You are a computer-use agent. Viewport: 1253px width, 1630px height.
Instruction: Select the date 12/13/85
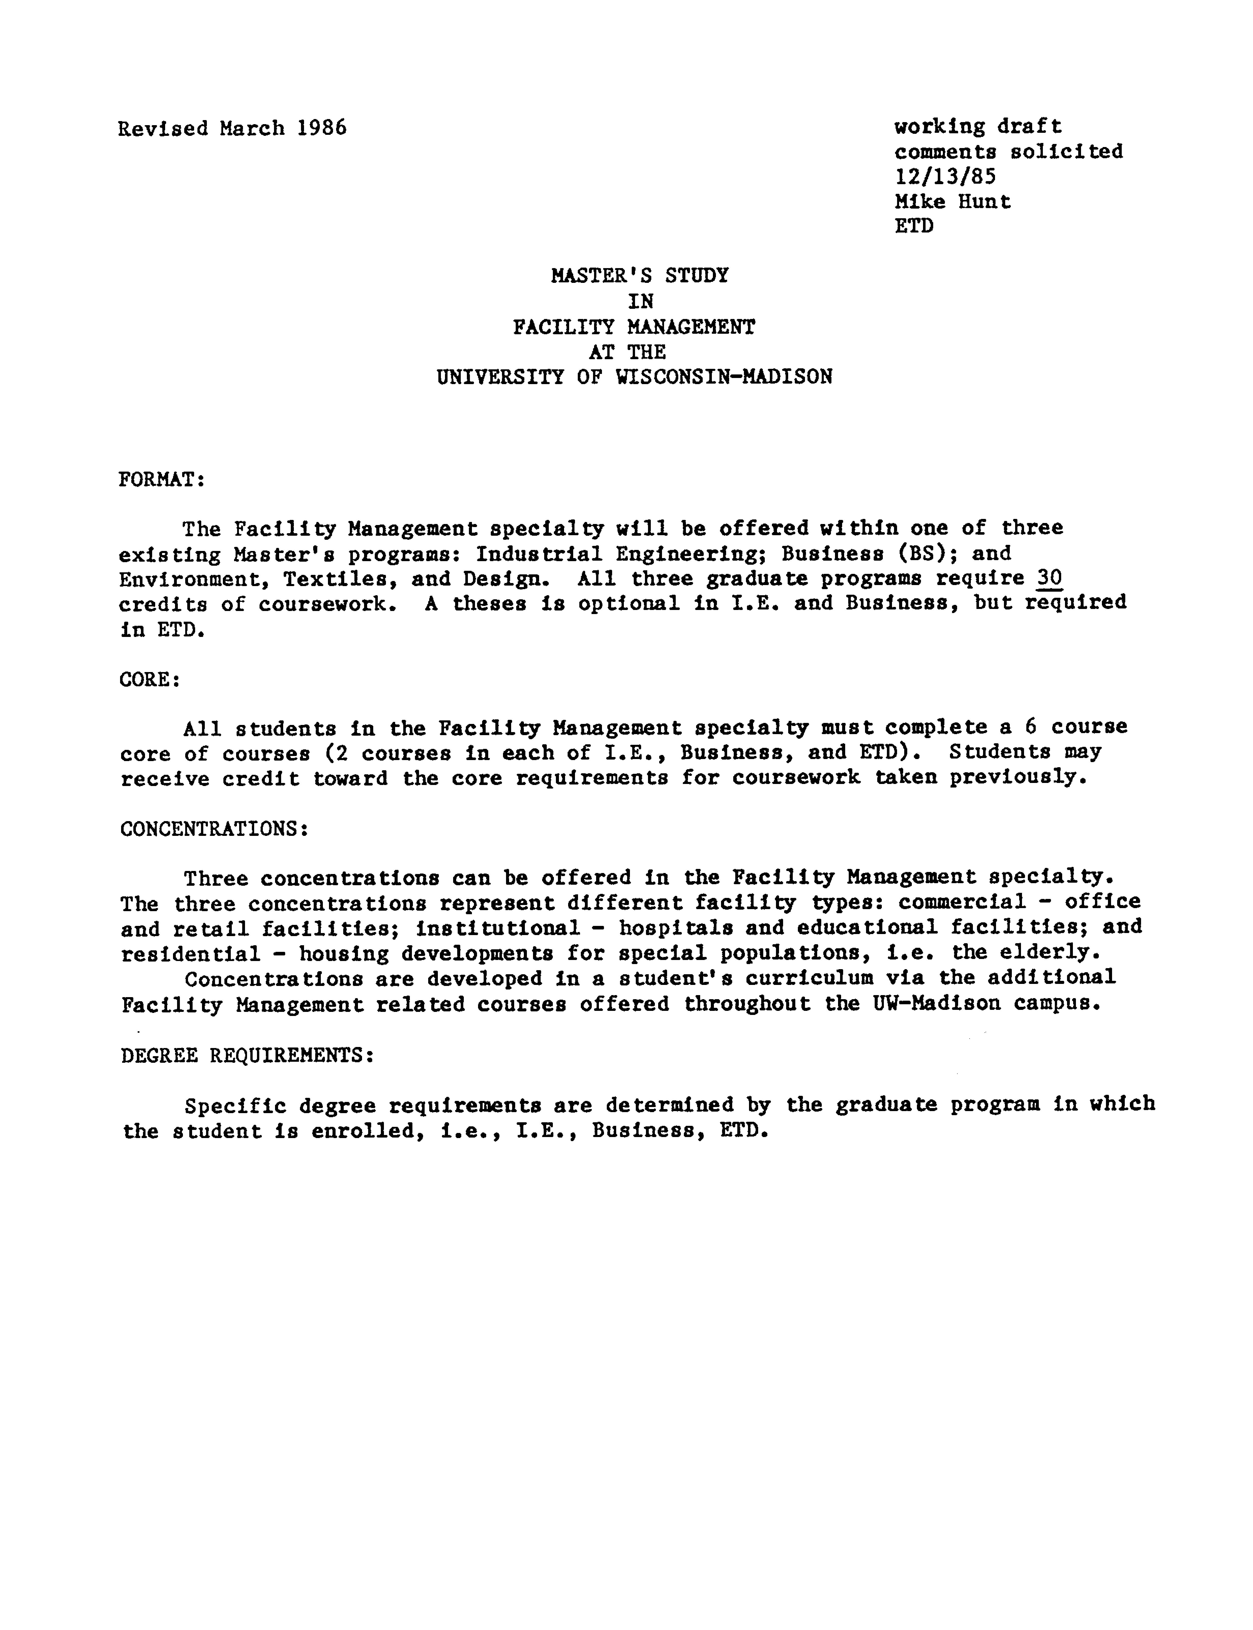[945, 177]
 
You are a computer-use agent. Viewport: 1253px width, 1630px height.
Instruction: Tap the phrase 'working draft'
[978, 127]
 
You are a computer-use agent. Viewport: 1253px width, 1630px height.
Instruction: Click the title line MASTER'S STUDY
[639, 276]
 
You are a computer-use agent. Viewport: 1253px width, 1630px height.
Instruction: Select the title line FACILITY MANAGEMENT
[634, 327]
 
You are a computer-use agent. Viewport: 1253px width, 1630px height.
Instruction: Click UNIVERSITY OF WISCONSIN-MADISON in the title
[634, 376]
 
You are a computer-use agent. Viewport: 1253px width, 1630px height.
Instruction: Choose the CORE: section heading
[149, 680]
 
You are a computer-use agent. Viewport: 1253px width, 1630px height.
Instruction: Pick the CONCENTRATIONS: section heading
[214, 829]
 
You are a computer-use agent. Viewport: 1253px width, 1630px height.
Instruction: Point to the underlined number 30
[1049, 579]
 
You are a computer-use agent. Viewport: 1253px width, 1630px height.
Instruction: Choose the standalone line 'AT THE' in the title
[627, 352]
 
